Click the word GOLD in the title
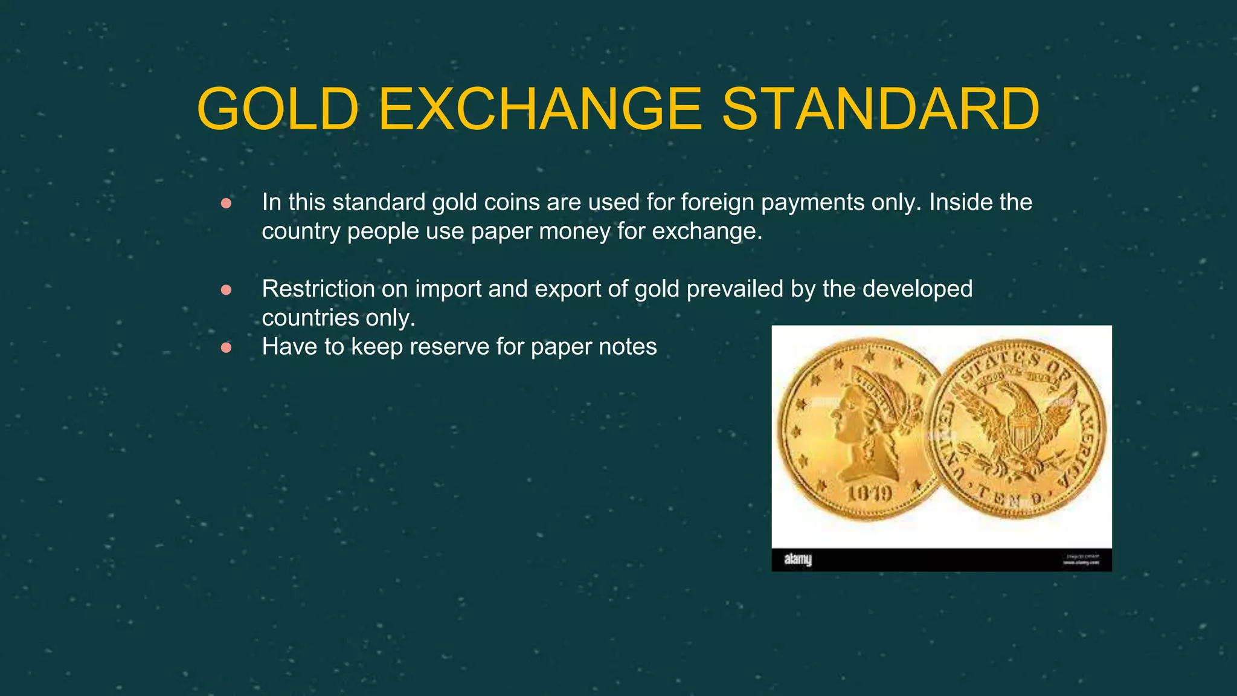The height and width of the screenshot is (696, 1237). click(x=278, y=109)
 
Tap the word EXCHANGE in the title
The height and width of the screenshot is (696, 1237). click(x=540, y=109)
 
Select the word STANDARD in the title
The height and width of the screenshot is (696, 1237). click(x=881, y=109)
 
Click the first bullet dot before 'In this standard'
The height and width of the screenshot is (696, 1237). click(x=227, y=204)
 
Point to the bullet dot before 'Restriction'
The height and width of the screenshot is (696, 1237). click(x=227, y=291)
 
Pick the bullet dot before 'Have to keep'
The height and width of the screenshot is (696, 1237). click(x=227, y=348)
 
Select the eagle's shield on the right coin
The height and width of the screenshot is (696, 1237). click(x=1020, y=430)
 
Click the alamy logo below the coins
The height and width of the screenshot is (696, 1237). click(x=798, y=559)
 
